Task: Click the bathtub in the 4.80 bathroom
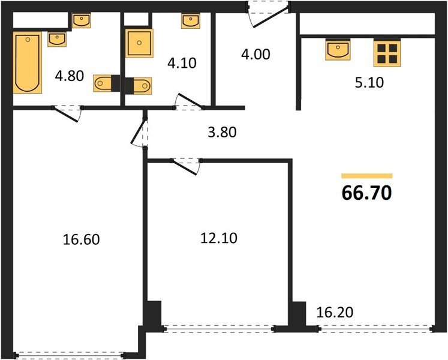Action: [28, 62]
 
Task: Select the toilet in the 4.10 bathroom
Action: [139, 85]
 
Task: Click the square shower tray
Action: [139, 43]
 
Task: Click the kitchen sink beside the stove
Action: [338, 49]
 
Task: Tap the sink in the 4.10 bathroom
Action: [190, 21]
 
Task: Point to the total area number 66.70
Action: [366, 193]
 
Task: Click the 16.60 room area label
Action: [82, 239]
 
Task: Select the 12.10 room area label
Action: [219, 238]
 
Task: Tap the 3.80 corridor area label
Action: [222, 133]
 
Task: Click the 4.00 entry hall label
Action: [255, 55]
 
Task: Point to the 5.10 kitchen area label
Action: [369, 83]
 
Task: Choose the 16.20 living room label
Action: [335, 312]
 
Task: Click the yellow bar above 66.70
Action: [367, 176]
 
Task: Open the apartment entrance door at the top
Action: [268, 14]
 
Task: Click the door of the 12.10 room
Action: [186, 166]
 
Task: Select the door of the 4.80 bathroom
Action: [67, 113]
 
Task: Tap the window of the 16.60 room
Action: [70, 356]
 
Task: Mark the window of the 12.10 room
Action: [219, 329]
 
